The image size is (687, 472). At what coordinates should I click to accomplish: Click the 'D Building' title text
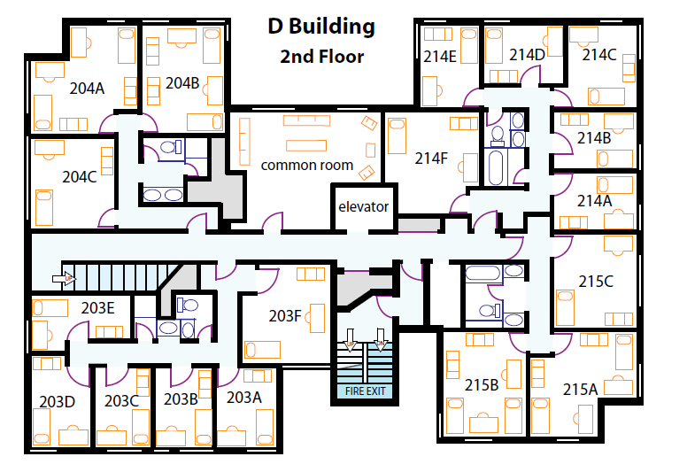click(x=321, y=27)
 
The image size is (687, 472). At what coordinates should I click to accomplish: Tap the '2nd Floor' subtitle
click(x=321, y=57)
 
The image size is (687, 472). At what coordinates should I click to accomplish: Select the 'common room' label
click(x=306, y=166)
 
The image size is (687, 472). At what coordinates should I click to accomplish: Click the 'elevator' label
click(x=363, y=206)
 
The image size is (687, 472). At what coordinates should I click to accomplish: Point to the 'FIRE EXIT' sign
click(x=366, y=391)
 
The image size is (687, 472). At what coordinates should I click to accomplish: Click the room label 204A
click(x=87, y=89)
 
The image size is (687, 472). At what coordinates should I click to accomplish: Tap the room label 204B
click(x=182, y=83)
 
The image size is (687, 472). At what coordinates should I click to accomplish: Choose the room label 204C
click(x=80, y=177)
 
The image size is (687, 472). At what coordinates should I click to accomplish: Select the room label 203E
click(x=97, y=308)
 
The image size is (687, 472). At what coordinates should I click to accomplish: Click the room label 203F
click(x=285, y=315)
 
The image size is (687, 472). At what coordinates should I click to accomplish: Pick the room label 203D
click(x=57, y=401)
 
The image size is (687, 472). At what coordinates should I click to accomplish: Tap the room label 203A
click(x=244, y=398)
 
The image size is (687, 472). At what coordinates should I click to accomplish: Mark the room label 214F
click(x=431, y=159)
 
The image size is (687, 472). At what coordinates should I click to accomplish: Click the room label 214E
click(x=440, y=57)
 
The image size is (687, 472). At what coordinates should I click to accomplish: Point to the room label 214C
click(x=599, y=55)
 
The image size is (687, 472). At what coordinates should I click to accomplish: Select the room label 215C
click(x=596, y=282)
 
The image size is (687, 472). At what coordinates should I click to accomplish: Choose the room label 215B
click(x=482, y=385)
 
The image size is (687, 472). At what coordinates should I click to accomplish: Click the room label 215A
click(x=580, y=389)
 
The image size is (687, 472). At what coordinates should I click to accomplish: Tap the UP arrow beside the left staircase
click(x=64, y=278)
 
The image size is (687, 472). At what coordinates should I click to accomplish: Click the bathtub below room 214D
click(x=496, y=168)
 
